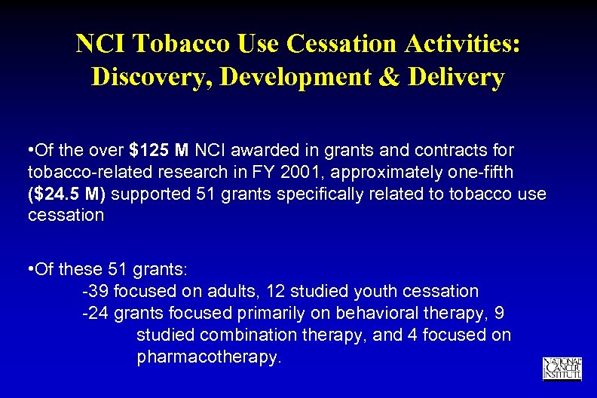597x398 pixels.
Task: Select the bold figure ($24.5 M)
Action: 69,194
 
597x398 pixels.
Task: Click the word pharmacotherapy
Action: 209,357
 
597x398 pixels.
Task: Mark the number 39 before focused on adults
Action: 96,291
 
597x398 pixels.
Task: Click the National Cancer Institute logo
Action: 562,367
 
